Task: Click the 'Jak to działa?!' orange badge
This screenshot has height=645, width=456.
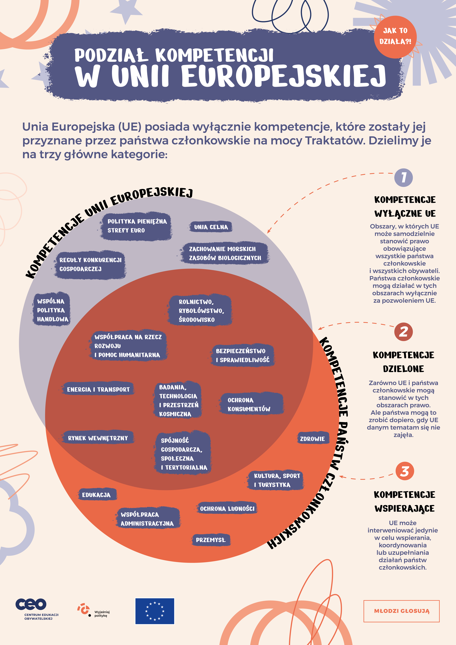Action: coord(395,36)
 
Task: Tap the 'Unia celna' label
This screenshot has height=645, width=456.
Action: coord(211,227)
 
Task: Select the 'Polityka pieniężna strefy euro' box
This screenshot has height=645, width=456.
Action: coord(137,226)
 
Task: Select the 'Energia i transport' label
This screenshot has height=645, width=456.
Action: coord(98,389)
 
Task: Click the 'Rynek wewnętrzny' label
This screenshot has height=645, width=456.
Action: coord(98,438)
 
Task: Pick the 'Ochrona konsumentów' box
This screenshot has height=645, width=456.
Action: coord(251,404)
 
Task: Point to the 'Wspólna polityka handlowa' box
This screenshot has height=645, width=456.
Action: coord(51,310)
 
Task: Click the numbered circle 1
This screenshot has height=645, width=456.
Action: coord(403,177)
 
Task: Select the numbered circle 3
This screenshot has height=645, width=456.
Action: coord(405,471)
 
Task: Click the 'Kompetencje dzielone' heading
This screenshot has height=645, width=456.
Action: coord(403,362)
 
